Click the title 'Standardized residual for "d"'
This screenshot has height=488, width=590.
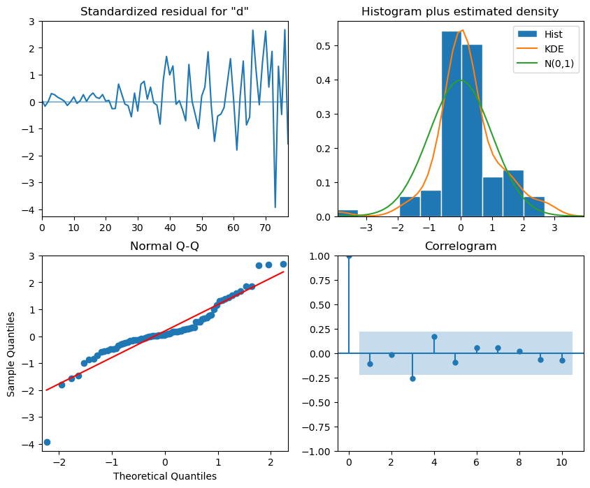pos(164,11)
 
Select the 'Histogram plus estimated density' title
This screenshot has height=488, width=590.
pos(460,11)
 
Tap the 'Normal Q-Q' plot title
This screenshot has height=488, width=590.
pos(164,246)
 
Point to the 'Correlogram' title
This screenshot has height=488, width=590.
pos(460,246)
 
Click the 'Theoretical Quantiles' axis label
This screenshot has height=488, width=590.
pos(164,476)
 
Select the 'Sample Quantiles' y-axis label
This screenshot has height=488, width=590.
pos(12,353)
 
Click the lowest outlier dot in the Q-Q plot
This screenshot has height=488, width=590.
pos(47,442)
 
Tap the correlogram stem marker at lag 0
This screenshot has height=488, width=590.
pos(349,256)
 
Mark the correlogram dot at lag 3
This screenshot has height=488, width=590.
pos(412,378)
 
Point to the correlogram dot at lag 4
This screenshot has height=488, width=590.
pos(434,337)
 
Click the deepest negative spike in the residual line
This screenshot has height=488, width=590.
pos(275,207)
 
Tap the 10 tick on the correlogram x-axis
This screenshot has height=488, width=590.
pos(562,461)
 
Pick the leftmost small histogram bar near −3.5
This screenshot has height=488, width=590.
pos(347,213)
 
